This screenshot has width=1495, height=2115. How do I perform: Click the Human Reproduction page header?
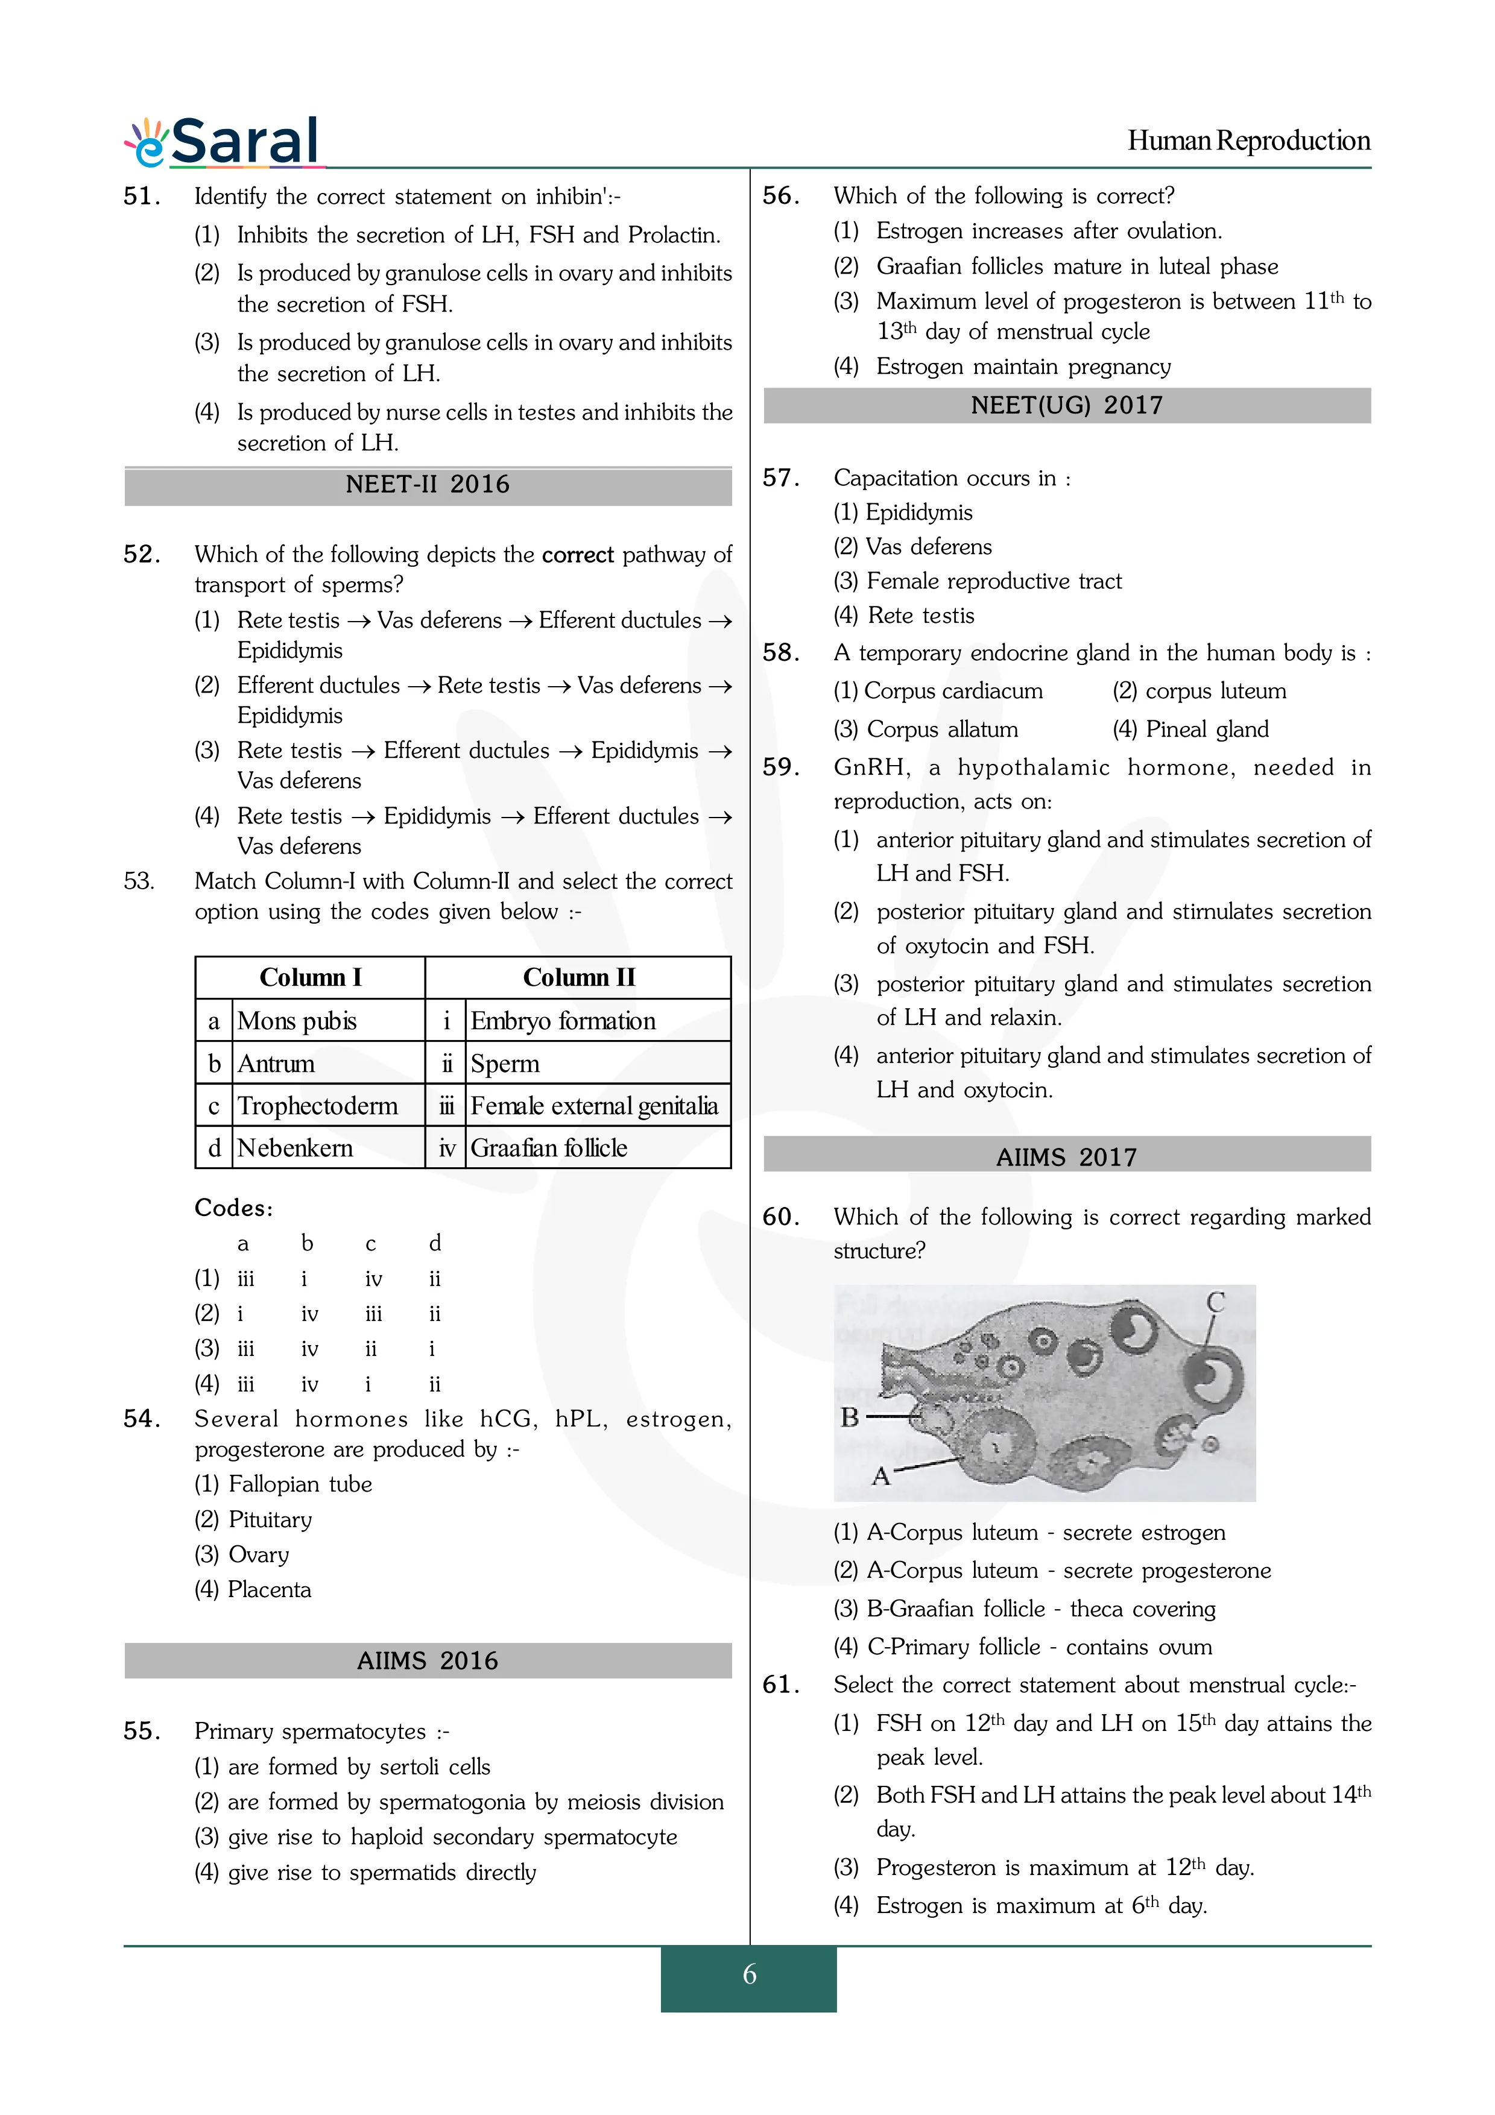point(1248,141)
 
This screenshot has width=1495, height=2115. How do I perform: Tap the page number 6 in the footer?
point(749,1973)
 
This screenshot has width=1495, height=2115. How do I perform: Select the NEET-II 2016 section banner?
point(428,485)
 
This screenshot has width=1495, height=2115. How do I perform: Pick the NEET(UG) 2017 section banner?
point(1067,405)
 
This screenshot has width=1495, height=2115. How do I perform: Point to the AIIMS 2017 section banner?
point(1067,1157)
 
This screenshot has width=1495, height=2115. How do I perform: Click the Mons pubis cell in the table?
point(297,1021)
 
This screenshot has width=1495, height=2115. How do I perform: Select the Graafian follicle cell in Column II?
point(549,1148)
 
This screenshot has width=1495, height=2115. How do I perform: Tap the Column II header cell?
point(578,977)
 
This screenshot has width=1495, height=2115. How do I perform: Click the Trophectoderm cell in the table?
point(318,1105)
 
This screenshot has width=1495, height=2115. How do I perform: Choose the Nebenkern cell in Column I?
point(295,1148)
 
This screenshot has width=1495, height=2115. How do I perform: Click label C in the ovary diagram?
point(1216,1302)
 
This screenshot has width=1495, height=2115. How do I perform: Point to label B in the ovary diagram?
point(849,1417)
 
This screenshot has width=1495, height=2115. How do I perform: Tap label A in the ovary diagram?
point(880,1477)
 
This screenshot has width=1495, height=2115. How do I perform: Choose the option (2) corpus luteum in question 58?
point(1199,691)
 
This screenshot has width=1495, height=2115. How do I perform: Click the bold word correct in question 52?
point(578,555)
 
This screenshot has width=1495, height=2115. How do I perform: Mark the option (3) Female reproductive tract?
point(978,581)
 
